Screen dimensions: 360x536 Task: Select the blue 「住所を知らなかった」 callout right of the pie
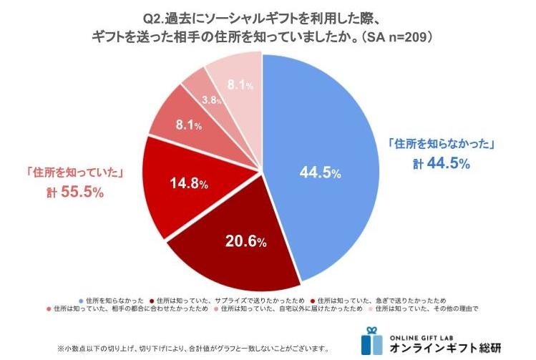[442, 143]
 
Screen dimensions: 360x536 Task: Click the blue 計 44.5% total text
[442, 163]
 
